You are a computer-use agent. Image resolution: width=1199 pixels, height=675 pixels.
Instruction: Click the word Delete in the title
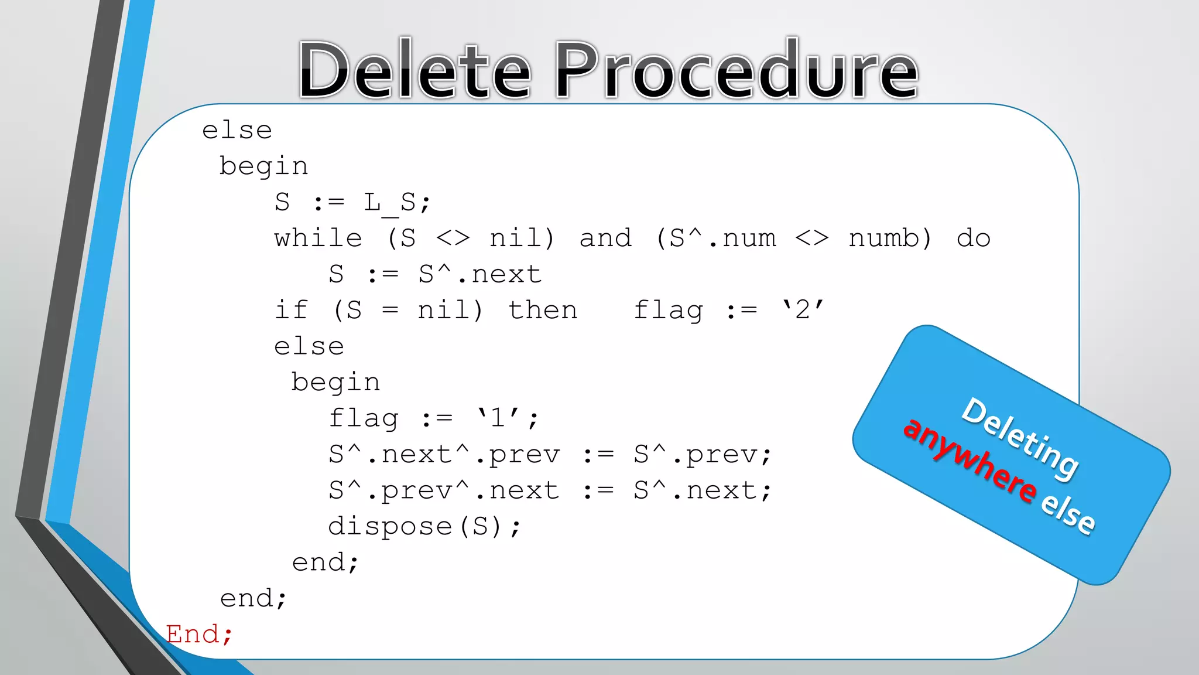[414, 70]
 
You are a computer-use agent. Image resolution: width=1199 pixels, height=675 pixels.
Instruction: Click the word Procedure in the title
[736, 70]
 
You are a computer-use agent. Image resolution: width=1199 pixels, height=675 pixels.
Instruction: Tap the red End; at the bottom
[199, 635]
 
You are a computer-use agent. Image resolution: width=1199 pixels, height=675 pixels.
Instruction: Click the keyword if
[291, 311]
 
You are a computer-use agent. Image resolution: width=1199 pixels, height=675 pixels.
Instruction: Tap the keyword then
[543, 311]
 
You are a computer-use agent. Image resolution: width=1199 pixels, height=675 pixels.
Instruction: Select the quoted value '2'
[803, 309]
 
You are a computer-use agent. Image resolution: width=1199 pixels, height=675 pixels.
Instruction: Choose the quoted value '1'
[498, 418]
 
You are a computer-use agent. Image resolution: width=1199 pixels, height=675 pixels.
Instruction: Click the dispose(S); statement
[424, 527]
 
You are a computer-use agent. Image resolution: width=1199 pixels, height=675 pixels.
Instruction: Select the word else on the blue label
[1068, 512]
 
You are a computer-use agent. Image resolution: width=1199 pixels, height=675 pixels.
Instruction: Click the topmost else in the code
[237, 131]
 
